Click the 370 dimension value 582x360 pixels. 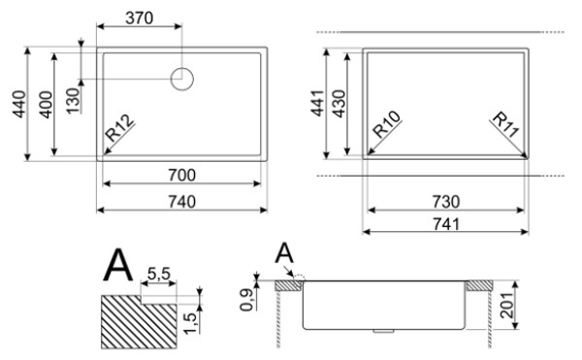click(139, 17)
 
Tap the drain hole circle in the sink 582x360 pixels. click(182, 71)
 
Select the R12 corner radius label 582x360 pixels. click(119, 128)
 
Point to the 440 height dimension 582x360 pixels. click(19, 104)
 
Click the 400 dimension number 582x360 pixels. click(46, 105)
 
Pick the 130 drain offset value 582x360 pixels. click(73, 100)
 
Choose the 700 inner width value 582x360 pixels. click(182, 175)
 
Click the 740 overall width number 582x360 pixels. click(182, 202)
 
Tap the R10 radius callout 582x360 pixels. click(387, 124)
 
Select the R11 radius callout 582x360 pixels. click(505, 125)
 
